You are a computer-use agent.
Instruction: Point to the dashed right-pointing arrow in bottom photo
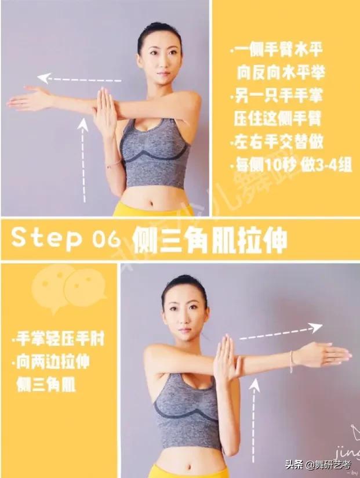281,331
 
